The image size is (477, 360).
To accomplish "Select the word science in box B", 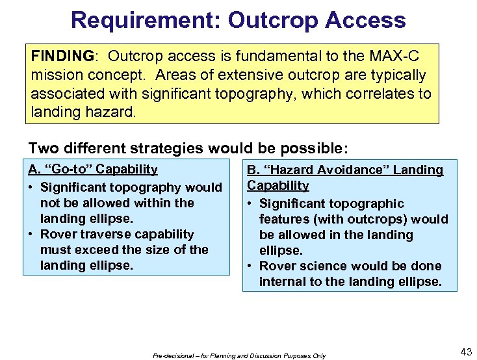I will pyautogui.click(x=316, y=266).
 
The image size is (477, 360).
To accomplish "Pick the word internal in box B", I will pyautogui.click(x=281, y=282).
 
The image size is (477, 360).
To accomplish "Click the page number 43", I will pyautogui.click(x=465, y=352).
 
